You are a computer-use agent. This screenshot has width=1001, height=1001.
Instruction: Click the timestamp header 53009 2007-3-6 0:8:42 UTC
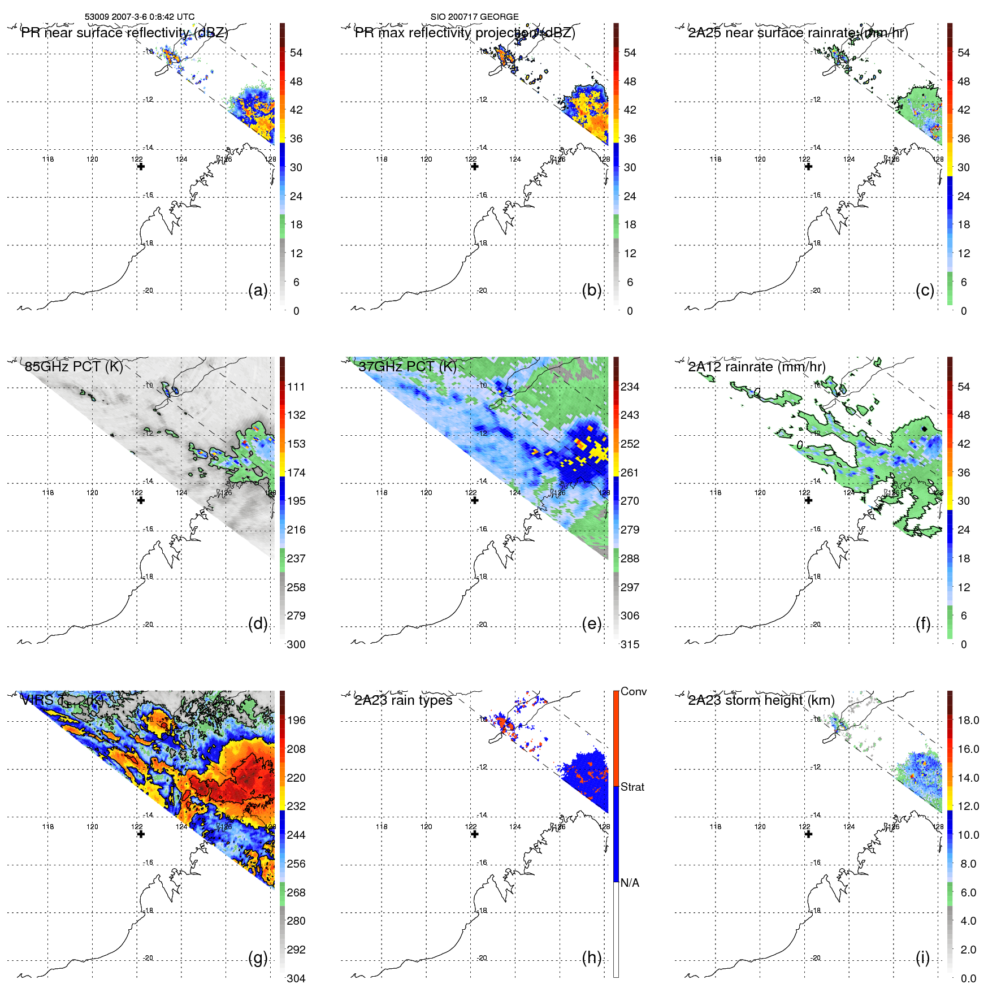pyautogui.click(x=140, y=17)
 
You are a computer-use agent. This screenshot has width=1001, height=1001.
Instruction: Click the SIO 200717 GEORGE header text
pyautogui.click(x=474, y=17)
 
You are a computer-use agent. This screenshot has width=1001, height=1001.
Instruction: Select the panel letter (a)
pyautogui.click(x=258, y=291)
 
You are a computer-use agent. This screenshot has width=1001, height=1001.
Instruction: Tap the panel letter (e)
pyautogui.click(x=592, y=624)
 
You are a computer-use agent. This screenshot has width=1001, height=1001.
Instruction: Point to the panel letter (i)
pyautogui.click(x=922, y=958)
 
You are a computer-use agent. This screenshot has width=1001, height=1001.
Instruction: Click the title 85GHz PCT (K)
pyautogui.click(x=74, y=367)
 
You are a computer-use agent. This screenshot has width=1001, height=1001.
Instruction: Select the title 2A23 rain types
pyautogui.click(x=404, y=701)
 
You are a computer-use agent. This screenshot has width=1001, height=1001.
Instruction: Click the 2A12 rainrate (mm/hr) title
pyautogui.click(x=757, y=367)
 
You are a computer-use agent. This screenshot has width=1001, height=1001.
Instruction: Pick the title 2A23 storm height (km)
pyautogui.click(x=761, y=701)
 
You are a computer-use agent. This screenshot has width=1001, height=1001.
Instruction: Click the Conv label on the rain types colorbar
pyautogui.click(x=634, y=692)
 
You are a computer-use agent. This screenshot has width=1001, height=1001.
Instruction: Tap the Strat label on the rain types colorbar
pyautogui.click(x=632, y=787)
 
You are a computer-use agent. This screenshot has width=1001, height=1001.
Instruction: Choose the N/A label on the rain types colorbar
pyautogui.click(x=630, y=883)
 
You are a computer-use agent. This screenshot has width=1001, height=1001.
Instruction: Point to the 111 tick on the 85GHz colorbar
pyautogui.click(x=296, y=387)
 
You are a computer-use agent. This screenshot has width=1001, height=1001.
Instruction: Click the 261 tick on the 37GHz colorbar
pyautogui.click(x=630, y=473)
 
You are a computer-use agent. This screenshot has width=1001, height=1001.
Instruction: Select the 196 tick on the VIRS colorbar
pyautogui.click(x=296, y=721)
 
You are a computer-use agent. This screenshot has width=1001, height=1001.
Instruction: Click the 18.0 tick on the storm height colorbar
pyautogui.click(x=968, y=721)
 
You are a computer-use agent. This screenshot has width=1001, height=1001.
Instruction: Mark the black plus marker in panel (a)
pyautogui.click(x=141, y=167)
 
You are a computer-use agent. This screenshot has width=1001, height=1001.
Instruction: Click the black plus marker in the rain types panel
pyautogui.click(x=475, y=834)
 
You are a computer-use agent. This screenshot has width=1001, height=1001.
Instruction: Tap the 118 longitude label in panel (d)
pyautogui.click(x=48, y=493)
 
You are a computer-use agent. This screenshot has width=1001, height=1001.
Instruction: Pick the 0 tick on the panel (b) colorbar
pyautogui.click(x=630, y=311)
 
